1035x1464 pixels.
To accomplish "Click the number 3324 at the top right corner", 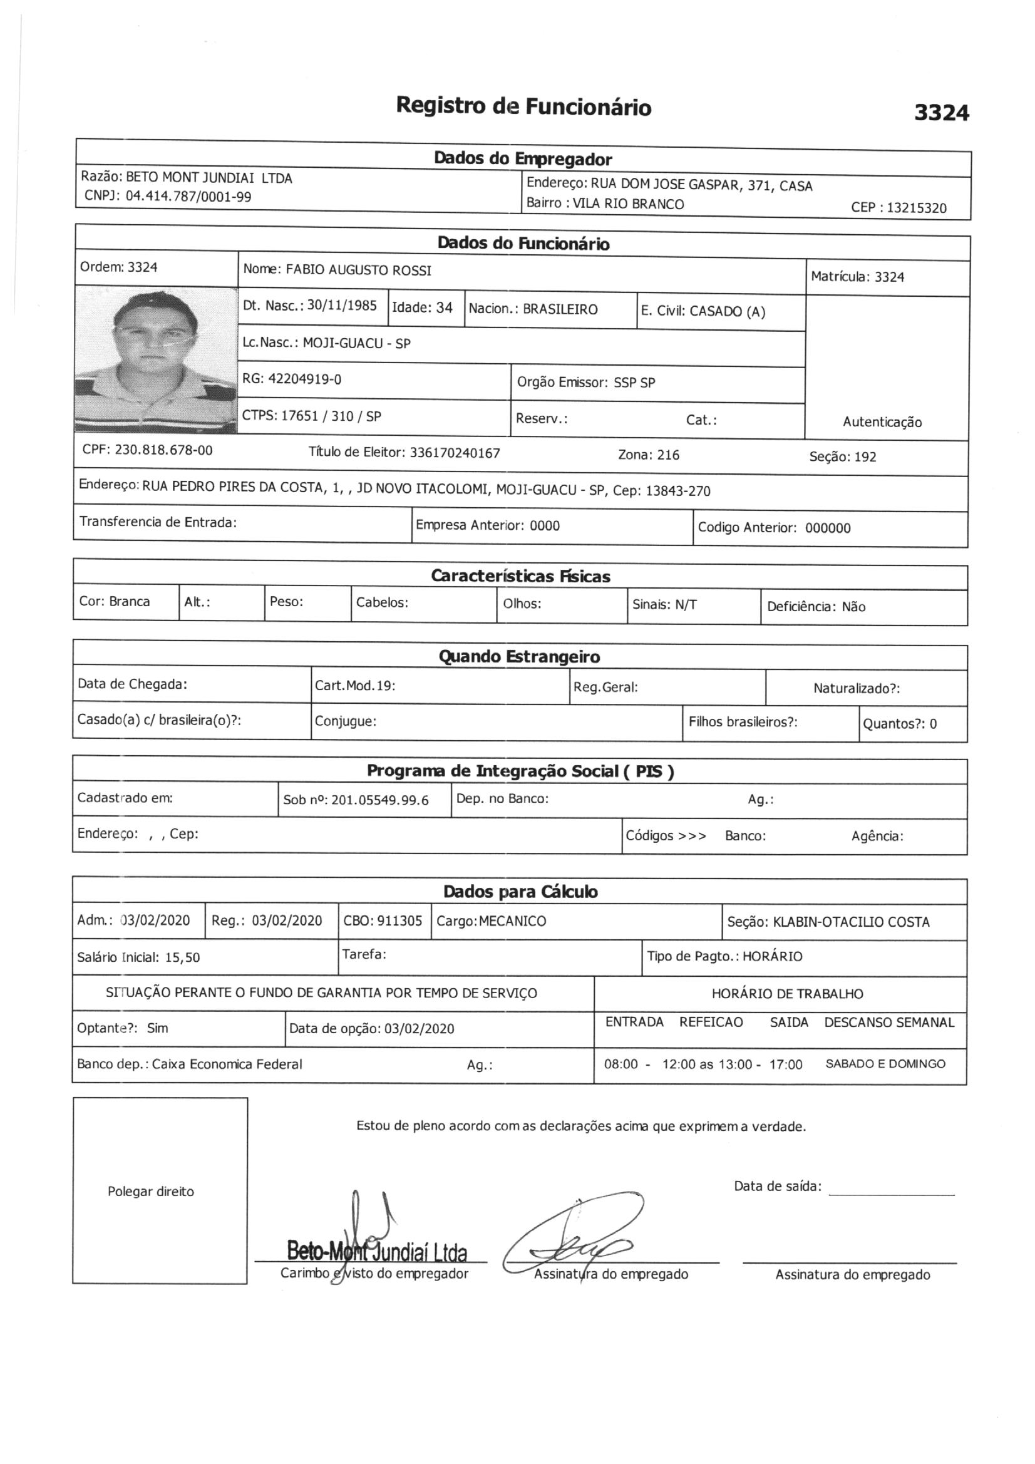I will point(941,113).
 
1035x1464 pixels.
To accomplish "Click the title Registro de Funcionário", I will point(523,106).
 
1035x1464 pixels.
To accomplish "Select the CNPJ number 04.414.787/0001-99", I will point(188,197).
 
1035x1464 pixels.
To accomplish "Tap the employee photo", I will point(156,360).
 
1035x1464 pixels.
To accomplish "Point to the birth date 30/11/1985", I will point(342,306).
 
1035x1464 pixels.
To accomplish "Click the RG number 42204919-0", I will point(304,379).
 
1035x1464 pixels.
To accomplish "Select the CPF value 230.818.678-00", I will point(164,450).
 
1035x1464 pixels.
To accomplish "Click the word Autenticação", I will point(882,421).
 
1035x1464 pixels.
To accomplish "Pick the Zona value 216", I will point(667,455).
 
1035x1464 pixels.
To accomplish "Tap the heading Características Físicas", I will point(520,577).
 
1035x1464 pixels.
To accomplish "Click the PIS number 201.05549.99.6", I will point(380,800).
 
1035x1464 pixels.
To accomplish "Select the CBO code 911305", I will point(400,920).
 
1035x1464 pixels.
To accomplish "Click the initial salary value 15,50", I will point(182,957).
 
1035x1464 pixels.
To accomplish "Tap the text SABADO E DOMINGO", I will point(885,1064).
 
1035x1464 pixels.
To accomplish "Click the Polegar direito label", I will point(150,1192).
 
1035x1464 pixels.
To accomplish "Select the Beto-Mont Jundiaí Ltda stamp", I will point(377,1251).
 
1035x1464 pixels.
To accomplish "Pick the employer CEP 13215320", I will point(917,208).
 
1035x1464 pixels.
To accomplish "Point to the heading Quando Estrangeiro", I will point(519,657).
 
